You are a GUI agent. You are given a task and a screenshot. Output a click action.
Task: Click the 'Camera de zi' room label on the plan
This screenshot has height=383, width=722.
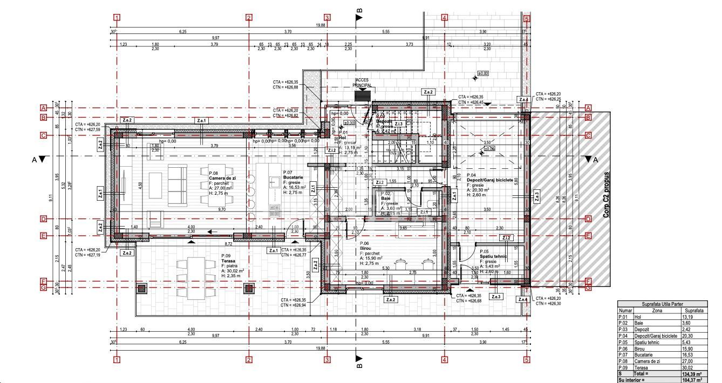224,177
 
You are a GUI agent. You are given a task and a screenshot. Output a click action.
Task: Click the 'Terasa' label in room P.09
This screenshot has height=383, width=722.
228,261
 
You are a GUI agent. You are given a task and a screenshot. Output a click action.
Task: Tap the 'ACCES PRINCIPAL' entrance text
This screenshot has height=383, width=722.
362,83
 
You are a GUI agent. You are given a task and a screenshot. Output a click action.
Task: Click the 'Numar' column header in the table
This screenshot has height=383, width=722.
625,311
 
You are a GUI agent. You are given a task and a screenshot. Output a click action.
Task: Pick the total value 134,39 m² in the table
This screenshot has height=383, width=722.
693,373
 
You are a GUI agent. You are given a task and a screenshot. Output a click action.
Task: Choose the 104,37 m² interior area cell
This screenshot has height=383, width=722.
693,380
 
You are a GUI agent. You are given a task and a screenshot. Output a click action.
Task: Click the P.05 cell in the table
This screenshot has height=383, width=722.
625,342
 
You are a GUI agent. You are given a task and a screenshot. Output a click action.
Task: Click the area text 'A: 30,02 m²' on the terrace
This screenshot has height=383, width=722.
233,271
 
